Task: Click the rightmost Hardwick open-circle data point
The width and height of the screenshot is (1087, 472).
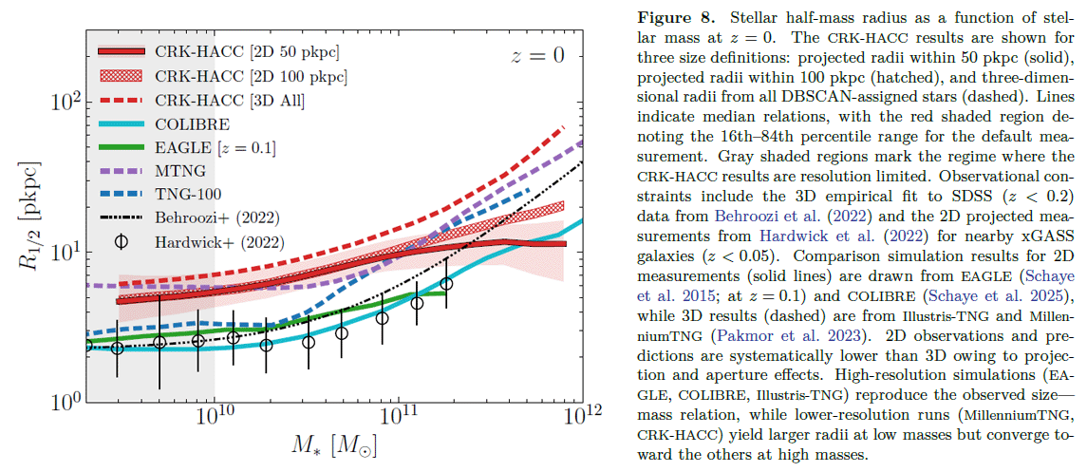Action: click(446, 283)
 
